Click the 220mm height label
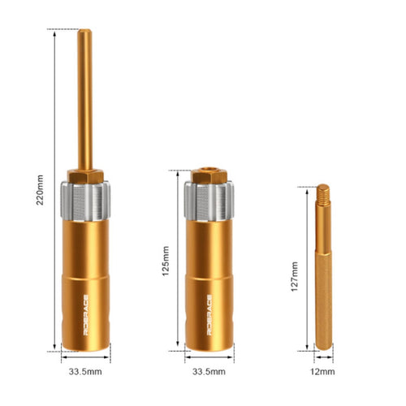(x=40, y=190)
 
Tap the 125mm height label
(x=166, y=261)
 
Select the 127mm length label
(x=294, y=276)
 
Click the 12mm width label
(x=322, y=372)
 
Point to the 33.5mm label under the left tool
(x=85, y=372)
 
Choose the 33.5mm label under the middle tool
(x=209, y=372)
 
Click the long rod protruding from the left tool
(x=85, y=99)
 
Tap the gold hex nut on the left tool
(x=85, y=176)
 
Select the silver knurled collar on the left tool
(x=85, y=201)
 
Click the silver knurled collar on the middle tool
(x=209, y=201)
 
